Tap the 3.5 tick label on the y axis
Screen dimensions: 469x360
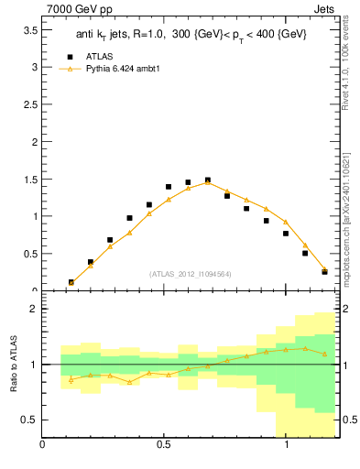[29, 30]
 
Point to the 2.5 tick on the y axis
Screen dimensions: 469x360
[29, 104]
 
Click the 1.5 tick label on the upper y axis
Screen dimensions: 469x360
[29, 180]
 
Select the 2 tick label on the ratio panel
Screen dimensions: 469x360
[33, 309]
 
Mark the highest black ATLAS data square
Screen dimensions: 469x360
[208, 180]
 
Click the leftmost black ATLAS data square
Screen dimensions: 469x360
[71, 282]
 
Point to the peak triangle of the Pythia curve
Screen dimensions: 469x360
[208, 181]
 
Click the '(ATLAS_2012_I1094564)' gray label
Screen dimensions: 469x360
[190, 273]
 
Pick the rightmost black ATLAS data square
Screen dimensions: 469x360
[324, 272]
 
